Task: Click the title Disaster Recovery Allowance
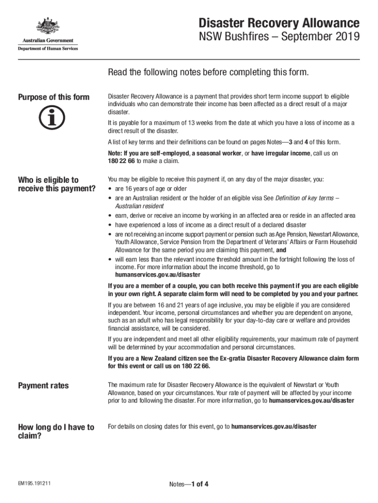tap(279, 23)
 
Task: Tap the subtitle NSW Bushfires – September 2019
tap(279, 37)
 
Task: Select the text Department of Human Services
tap(48, 48)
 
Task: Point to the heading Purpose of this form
tap(54, 97)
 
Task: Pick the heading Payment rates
tap(43, 386)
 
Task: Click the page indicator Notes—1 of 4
tap(189, 484)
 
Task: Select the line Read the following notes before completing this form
tap(209, 73)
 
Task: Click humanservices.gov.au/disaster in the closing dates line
tap(273, 426)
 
